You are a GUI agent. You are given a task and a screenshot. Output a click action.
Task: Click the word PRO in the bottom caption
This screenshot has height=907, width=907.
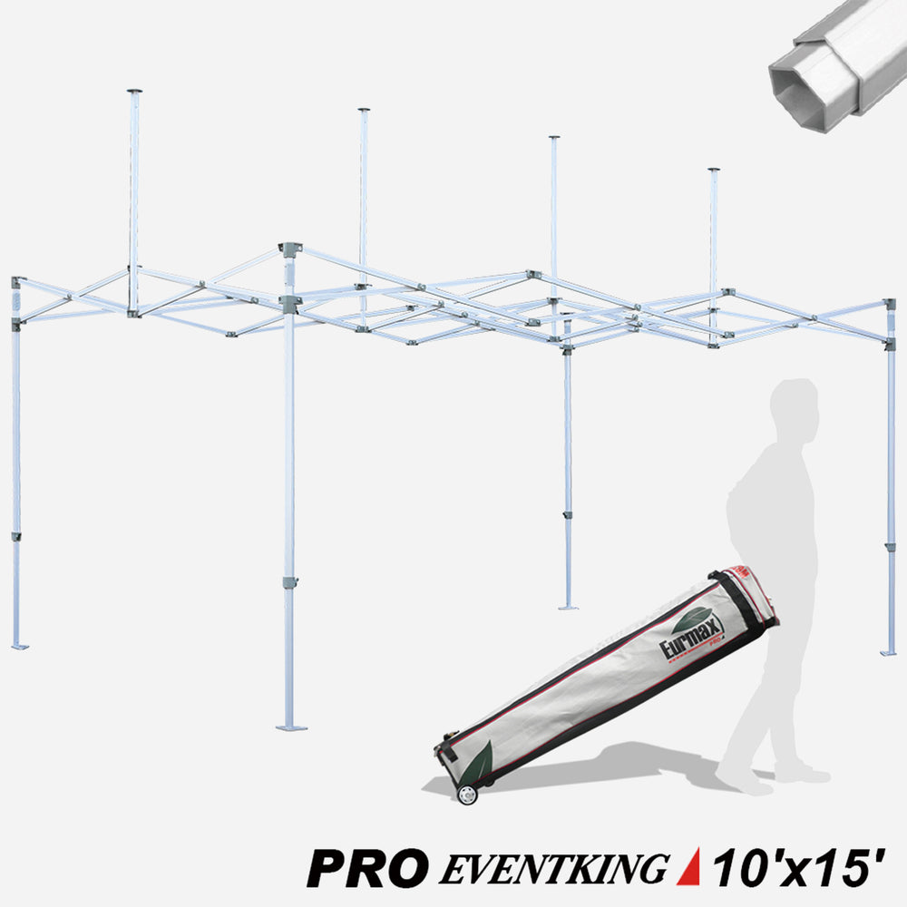[x=368, y=868]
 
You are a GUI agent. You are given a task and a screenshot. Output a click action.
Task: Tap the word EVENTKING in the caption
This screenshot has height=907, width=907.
[x=553, y=868]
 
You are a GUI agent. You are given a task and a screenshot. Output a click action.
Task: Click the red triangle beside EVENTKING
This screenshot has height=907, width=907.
[x=689, y=866]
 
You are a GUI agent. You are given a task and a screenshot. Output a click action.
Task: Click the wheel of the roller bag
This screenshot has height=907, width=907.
[x=467, y=795]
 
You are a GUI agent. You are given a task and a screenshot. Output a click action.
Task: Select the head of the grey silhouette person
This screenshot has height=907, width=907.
[x=795, y=405]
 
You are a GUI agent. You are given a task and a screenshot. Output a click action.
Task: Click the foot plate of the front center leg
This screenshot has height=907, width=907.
[x=291, y=727]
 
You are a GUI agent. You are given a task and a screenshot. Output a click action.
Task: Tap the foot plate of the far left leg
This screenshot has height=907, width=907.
[x=20, y=646]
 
